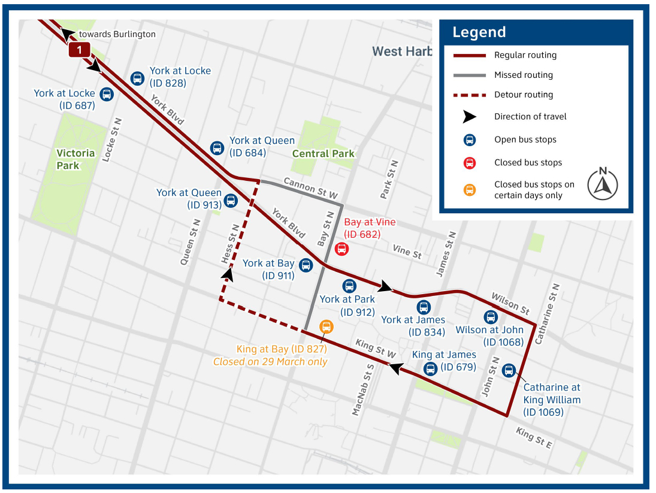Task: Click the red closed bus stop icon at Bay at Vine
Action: [x=341, y=249]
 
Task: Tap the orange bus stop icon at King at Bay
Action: [x=326, y=326]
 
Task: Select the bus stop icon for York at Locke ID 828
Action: [x=137, y=78]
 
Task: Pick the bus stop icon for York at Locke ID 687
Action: [x=107, y=94]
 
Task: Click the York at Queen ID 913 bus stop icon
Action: [x=230, y=201]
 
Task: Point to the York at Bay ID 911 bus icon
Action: [x=306, y=265]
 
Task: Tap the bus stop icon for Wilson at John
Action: [x=491, y=317]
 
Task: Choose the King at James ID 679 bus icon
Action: [x=430, y=368]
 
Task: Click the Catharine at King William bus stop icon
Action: [x=509, y=370]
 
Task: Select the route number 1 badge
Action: [x=79, y=50]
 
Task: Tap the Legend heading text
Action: [x=479, y=32]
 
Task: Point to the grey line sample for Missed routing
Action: [x=469, y=75]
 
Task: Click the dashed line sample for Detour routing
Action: [x=469, y=95]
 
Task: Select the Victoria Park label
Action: [x=75, y=159]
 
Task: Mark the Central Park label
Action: [x=323, y=153]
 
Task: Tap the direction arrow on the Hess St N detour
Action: [x=228, y=274]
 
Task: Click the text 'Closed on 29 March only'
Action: [x=270, y=362]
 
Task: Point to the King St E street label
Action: [x=534, y=437]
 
